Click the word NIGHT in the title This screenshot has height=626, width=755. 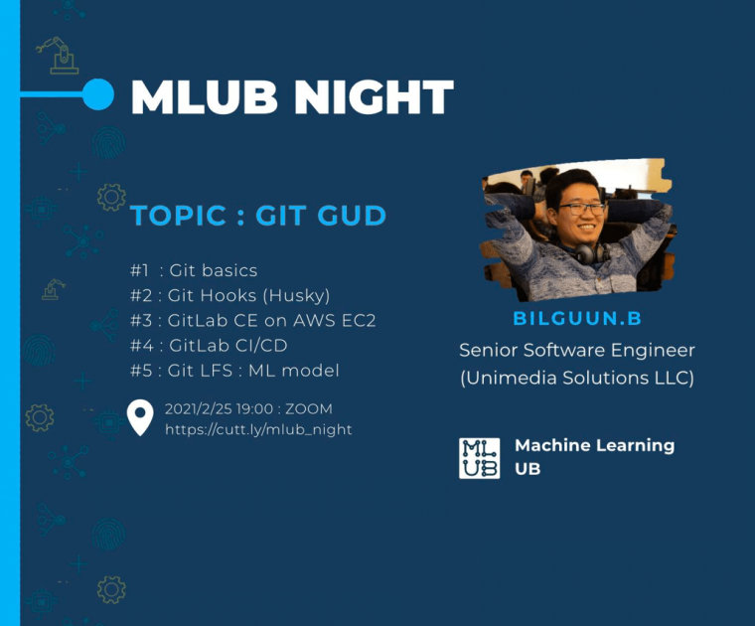point(374,96)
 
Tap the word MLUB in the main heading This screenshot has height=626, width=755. point(205,96)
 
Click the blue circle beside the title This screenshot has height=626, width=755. point(98,94)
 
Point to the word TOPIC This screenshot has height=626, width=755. point(178,216)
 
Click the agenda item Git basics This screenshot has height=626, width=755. point(213,270)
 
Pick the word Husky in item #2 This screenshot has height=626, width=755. point(296,296)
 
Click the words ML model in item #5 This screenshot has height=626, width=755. point(294,371)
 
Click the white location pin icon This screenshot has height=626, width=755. point(140,417)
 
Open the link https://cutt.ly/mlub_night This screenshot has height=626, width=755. point(258,429)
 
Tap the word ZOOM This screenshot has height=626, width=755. point(309,408)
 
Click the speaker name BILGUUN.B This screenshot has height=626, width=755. point(577,318)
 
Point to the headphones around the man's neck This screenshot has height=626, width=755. point(590,253)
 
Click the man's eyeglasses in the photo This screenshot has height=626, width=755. point(581,209)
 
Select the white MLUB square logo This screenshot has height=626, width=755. point(479,458)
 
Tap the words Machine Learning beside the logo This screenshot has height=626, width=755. point(595,446)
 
